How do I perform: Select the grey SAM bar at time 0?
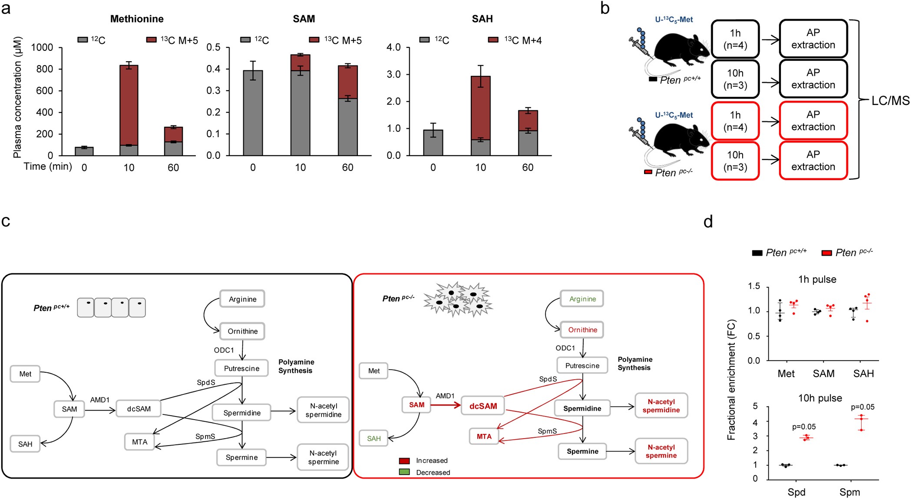pyautogui.click(x=253, y=113)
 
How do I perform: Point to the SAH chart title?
pyautogui.click(x=482, y=19)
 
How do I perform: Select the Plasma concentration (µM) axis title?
pyautogui.click(x=17, y=98)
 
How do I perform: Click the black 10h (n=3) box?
pyautogui.click(x=735, y=79)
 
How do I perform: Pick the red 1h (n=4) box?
pyautogui.click(x=735, y=121)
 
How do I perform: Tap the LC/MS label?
pyautogui.click(x=890, y=101)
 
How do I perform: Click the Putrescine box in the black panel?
pyautogui.click(x=241, y=368)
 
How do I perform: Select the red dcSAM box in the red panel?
pyautogui.click(x=483, y=406)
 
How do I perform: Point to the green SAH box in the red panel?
pyautogui.click(x=373, y=438)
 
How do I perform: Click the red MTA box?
pyautogui.click(x=484, y=437)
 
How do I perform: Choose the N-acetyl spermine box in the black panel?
pyautogui.click(x=323, y=457)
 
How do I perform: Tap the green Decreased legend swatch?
pyautogui.click(x=404, y=472)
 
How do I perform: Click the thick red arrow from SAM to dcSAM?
pyautogui.click(x=446, y=405)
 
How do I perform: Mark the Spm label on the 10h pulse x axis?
pyautogui.click(x=849, y=492)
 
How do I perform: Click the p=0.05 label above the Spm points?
pyautogui.click(x=862, y=407)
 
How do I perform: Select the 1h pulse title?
pyautogui.click(x=817, y=279)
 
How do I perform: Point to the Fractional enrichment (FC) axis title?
pyautogui.click(x=731, y=380)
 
